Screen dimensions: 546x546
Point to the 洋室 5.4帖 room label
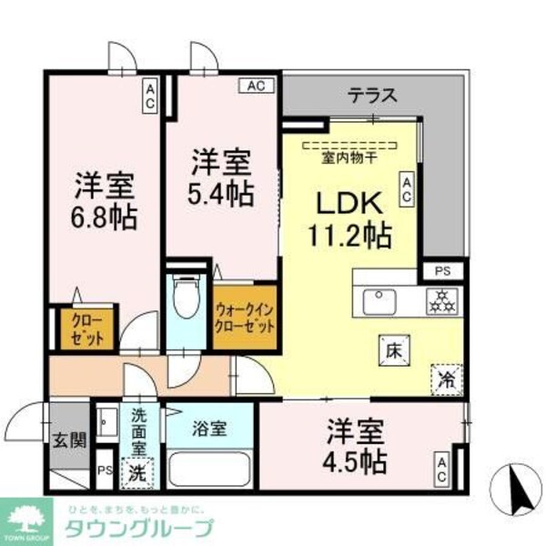221,180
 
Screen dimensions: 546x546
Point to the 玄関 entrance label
70,441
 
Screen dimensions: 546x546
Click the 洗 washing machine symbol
136,472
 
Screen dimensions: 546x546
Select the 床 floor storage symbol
389,349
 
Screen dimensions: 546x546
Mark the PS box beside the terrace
441,270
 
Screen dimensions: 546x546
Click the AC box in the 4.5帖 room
441,468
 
